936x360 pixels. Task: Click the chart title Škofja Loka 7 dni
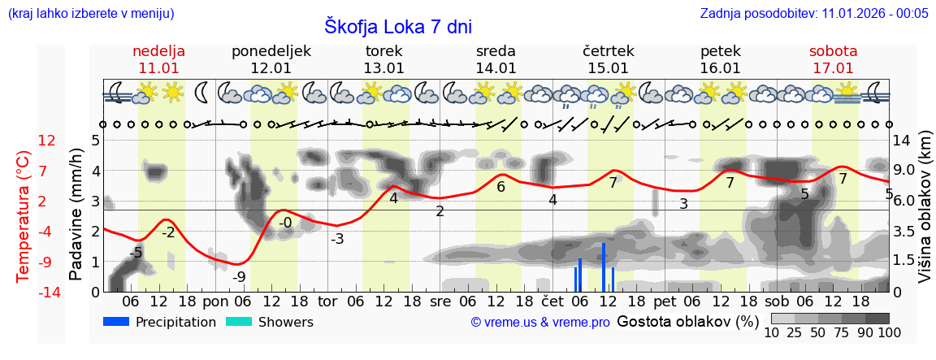(398, 26)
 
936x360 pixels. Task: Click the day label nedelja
(159, 51)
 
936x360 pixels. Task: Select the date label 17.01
(833, 68)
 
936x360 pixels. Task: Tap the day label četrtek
(609, 51)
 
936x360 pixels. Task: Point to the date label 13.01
(383, 68)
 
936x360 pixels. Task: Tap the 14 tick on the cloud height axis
(903, 141)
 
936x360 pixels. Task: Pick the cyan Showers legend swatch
(239, 322)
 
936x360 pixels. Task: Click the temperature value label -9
(239, 277)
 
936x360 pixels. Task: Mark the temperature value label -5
(136, 254)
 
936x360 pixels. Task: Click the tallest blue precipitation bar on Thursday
(604, 267)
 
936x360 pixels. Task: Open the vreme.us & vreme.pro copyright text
(540, 323)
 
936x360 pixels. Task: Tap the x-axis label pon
(216, 301)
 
